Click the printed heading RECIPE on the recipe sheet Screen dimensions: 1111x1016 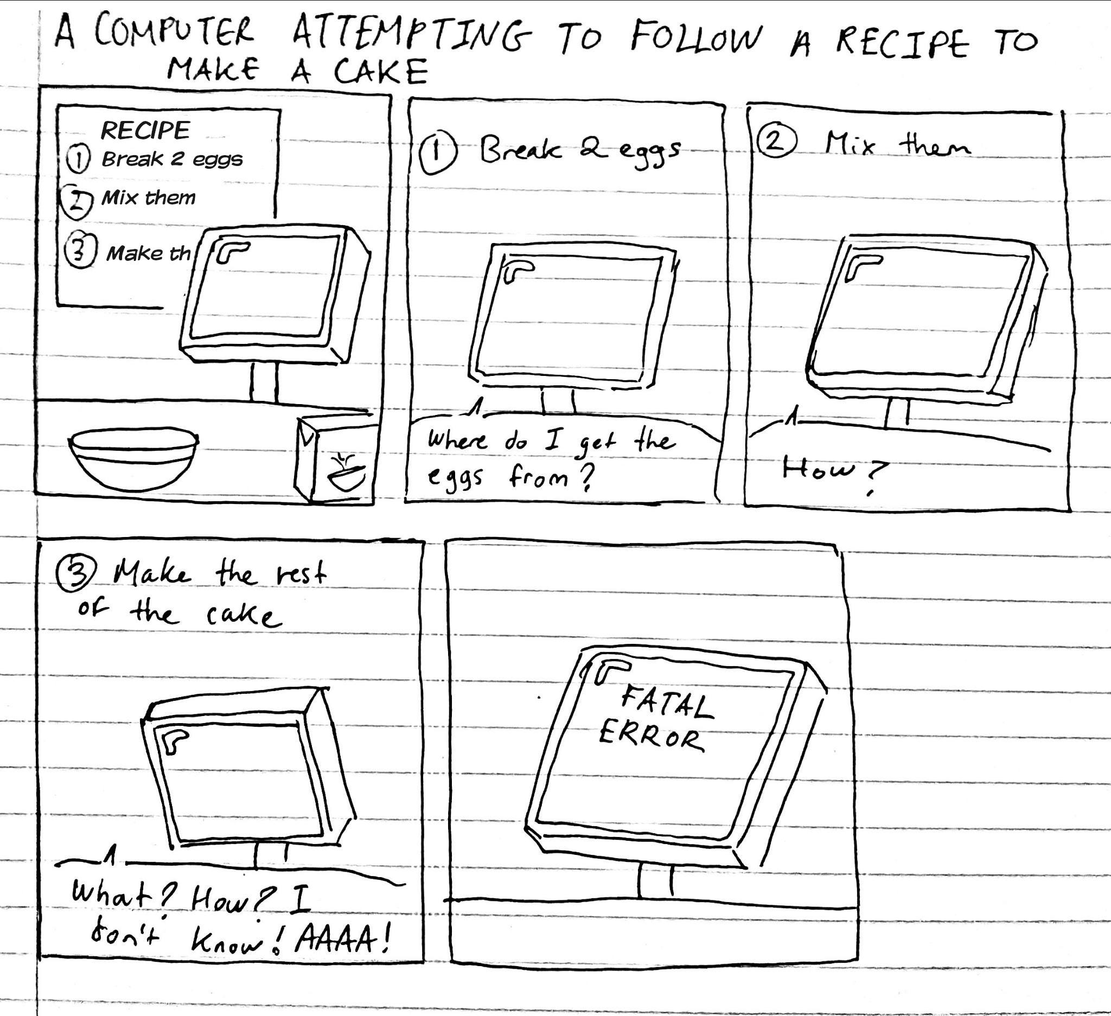point(145,131)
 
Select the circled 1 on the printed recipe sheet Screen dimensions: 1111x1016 point(78,160)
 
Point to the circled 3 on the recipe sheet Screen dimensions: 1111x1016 point(81,251)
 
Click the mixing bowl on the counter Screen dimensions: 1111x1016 point(133,459)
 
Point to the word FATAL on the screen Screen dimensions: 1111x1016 point(667,702)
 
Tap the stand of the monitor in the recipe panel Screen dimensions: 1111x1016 point(264,382)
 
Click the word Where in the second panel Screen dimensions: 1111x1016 point(458,440)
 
